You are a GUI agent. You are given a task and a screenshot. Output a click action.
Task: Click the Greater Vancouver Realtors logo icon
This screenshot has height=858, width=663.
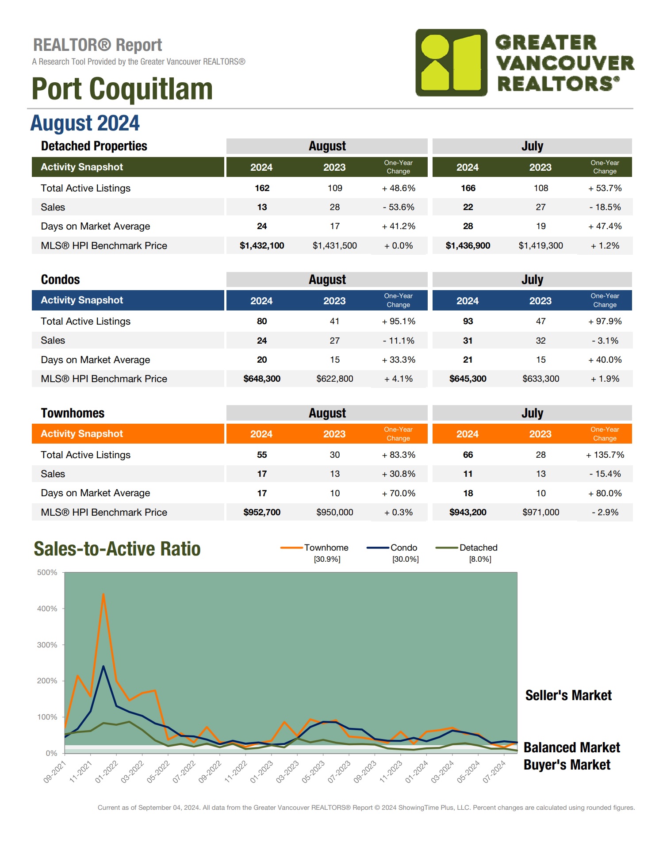451,62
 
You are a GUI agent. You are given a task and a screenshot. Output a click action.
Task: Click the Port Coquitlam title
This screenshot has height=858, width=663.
122,89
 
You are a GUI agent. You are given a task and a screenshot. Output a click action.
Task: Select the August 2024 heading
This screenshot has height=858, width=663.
85,123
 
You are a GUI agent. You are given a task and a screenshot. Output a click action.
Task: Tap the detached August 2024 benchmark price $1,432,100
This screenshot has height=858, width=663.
262,245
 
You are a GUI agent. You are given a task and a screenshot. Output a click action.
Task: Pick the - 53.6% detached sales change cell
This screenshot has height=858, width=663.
398,207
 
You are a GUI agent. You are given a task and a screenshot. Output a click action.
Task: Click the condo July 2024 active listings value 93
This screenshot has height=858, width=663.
468,321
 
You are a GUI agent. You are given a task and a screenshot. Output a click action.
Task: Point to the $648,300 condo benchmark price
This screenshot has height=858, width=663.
262,379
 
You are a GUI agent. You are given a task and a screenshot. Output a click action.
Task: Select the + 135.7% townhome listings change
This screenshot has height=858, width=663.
605,455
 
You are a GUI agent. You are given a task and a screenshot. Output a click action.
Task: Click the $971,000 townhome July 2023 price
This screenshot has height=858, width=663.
540,512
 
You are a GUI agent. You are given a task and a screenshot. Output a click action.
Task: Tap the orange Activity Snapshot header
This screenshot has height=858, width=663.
82,433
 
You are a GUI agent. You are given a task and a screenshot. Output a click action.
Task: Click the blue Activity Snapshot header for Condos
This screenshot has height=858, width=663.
82,300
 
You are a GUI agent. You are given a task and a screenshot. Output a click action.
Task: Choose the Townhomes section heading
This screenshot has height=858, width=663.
73,413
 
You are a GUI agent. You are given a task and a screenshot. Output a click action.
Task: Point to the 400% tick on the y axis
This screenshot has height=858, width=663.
47,609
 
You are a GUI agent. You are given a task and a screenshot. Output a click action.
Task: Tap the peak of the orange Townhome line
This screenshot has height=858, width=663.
103,594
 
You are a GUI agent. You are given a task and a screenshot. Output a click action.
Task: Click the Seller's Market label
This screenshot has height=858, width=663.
568,695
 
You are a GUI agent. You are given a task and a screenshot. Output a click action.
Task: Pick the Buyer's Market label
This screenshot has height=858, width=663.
567,765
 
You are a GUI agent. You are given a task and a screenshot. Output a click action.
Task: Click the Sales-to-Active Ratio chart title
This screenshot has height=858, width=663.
117,549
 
